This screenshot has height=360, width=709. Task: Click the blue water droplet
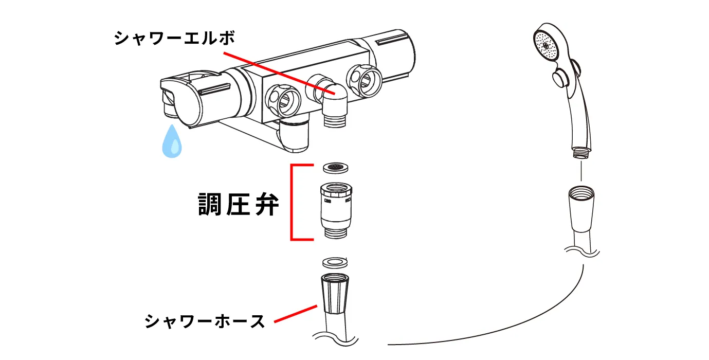[x=172, y=140]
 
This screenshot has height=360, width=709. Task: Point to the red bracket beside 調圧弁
[x=292, y=202]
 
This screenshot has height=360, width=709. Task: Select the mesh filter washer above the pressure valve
[x=335, y=168]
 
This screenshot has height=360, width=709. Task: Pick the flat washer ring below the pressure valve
[x=335, y=263]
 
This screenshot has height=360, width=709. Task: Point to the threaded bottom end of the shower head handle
[x=580, y=152]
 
